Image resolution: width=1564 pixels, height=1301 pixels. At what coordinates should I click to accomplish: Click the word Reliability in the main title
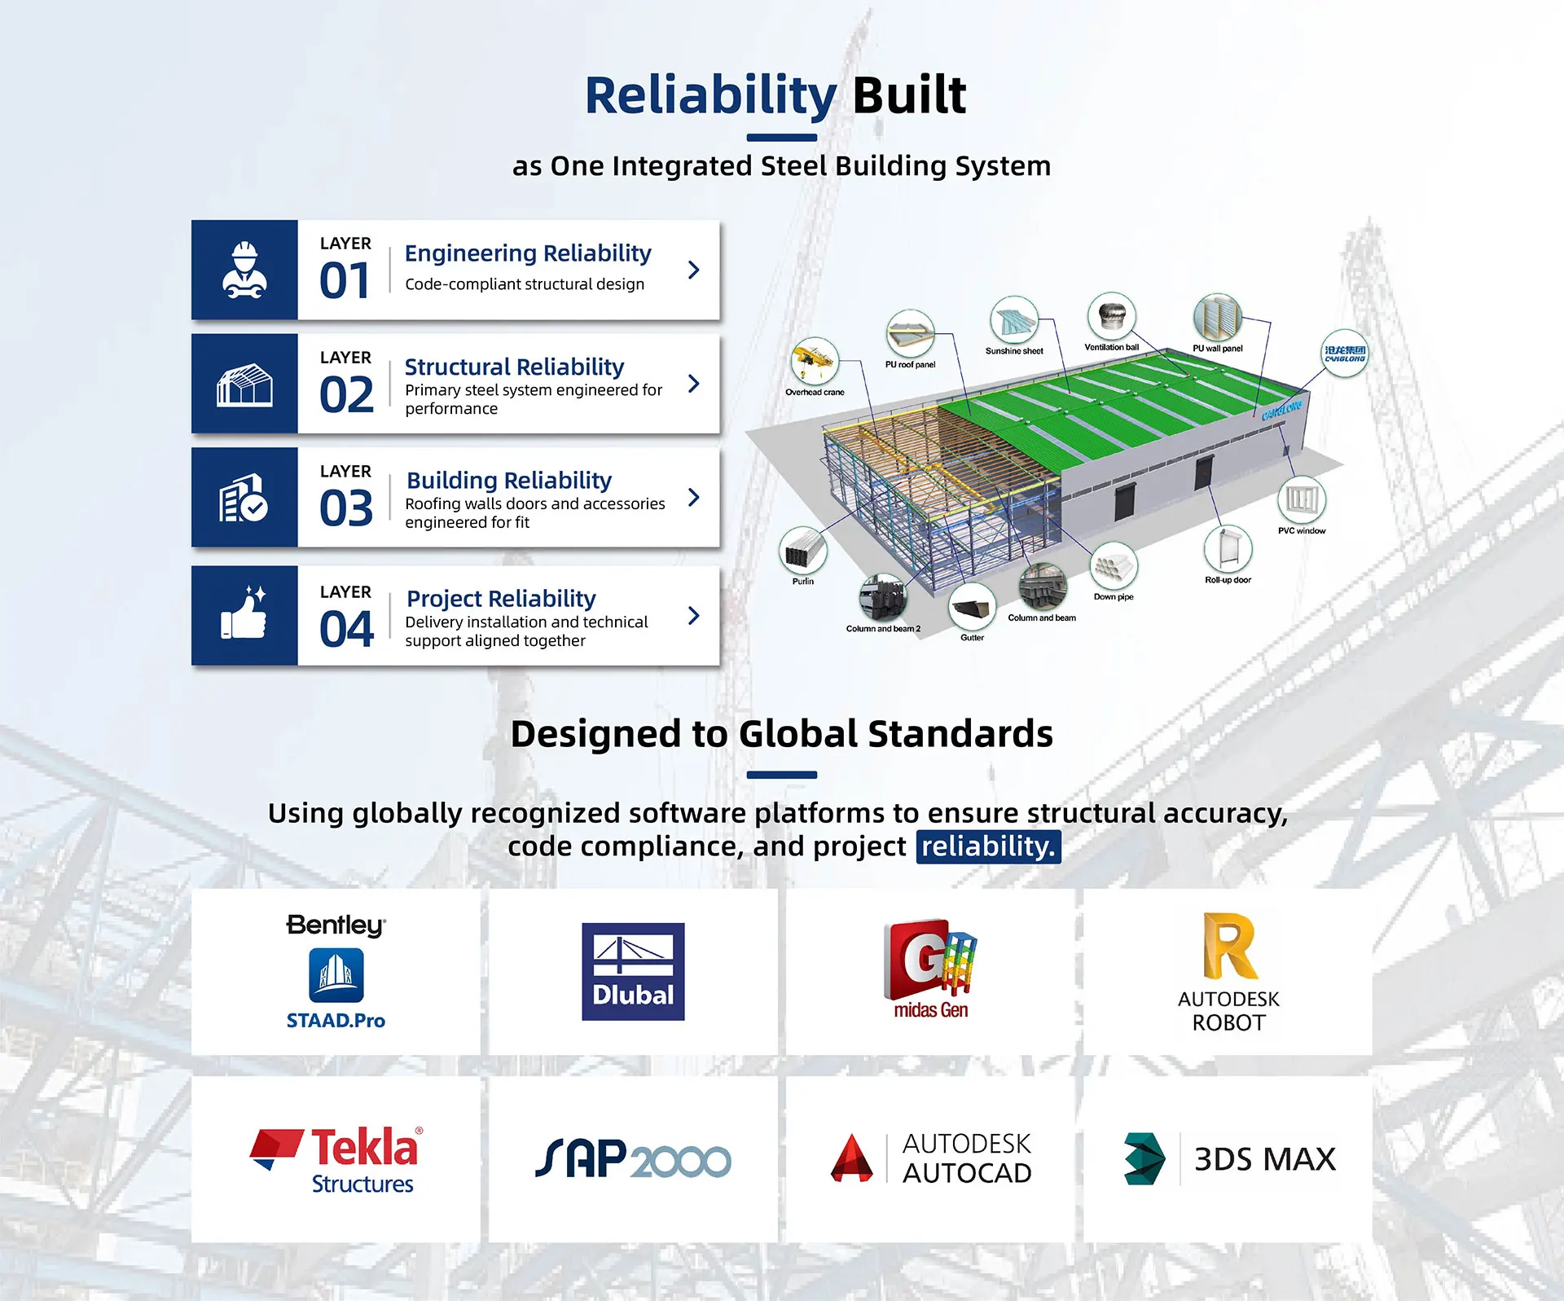[710, 96]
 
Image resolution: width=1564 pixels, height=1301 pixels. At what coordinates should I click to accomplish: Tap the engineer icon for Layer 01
[244, 270]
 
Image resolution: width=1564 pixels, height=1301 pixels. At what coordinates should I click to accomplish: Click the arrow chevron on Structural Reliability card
[694, 384]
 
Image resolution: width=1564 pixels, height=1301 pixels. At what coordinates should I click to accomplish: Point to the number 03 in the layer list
[346, 508]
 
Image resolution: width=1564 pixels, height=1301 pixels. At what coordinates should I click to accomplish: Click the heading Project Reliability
[501, 598]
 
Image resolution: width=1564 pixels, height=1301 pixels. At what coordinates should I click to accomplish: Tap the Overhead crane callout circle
[814, 361]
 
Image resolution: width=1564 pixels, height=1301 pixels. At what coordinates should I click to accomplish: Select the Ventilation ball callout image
[1112, 316]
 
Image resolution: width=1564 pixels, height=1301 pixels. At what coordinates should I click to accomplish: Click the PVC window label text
[1302, 531]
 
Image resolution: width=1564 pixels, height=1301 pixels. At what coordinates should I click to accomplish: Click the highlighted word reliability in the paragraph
[988, 846]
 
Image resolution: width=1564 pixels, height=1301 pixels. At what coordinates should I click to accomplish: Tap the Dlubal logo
[633, 972]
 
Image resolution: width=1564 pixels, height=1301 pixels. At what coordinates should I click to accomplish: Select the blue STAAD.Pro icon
[336, 976]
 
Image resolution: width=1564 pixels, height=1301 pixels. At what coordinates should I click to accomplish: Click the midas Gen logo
[930, 969]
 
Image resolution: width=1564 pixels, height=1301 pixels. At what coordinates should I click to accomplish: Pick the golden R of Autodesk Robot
[1230, 946]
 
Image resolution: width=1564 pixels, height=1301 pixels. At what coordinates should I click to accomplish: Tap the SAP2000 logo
[633, 1158]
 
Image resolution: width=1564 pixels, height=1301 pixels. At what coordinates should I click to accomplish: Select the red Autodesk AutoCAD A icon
[851, 1158]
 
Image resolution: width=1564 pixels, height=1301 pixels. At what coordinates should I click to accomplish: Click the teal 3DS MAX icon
[1144, 1158]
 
